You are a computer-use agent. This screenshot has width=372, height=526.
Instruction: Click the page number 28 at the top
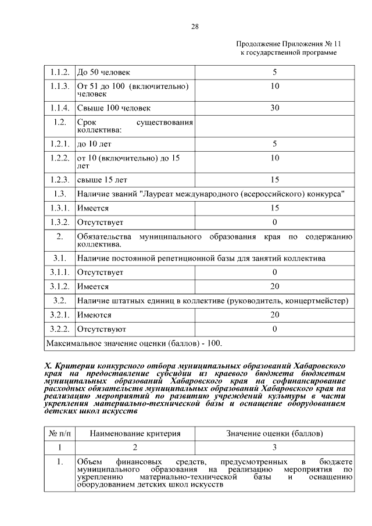[195, 26]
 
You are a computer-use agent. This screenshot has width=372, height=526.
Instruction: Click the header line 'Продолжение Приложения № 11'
[288, 44]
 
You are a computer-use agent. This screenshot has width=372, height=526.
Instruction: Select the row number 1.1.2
[59, 73]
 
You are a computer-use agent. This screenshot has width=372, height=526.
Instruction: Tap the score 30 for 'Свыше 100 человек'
[274, 108]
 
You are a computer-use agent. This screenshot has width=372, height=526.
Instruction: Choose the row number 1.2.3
[59, 180]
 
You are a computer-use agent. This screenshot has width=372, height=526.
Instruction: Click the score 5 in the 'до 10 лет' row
[274, 144]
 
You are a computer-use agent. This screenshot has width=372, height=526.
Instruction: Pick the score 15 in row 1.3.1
[274, 208]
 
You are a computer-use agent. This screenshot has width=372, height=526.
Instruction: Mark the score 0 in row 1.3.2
[274, 223]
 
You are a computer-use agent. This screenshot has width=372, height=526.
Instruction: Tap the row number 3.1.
[59, 257]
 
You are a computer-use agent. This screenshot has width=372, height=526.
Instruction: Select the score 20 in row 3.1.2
[274, 287]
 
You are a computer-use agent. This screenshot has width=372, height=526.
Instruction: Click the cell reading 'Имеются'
[94, 315]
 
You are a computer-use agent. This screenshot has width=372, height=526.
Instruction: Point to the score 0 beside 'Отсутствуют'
[274, 330]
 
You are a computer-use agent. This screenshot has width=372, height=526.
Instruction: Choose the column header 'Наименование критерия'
[135, 434]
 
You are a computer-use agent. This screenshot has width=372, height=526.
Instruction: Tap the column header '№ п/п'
[59, 434]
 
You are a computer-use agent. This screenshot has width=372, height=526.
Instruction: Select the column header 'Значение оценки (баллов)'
[274, 434]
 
